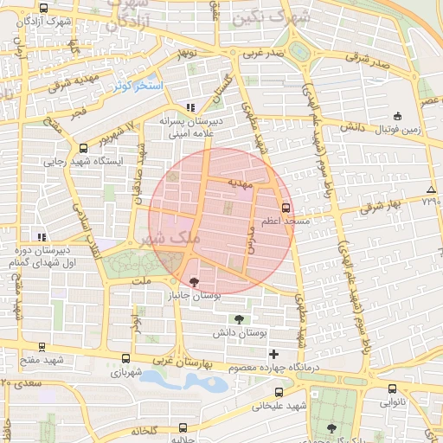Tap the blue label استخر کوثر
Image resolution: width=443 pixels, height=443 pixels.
point(134,87)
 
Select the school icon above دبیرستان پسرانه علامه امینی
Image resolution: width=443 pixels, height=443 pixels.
point(189,108)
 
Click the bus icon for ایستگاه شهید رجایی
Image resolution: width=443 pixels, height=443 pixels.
point(83,148)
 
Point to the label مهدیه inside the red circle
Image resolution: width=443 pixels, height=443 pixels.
point(240,183)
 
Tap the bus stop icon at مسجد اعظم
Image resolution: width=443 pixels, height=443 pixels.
point(286,208)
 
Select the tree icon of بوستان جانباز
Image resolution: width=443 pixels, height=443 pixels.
point(193,282)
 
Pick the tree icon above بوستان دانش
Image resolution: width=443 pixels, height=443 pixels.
point(239,320)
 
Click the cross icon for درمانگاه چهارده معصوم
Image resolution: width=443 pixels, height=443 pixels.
point(274,354)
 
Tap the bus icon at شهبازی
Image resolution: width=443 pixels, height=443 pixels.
point(126,358)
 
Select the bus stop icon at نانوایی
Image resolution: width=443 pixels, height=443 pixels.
point(392,389)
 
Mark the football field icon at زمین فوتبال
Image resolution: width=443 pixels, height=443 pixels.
point(397,116)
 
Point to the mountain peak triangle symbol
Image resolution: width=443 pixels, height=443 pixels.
point(431,189)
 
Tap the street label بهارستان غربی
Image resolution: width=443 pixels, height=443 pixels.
point(193,363)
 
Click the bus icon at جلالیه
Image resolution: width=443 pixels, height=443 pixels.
point(182,427)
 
